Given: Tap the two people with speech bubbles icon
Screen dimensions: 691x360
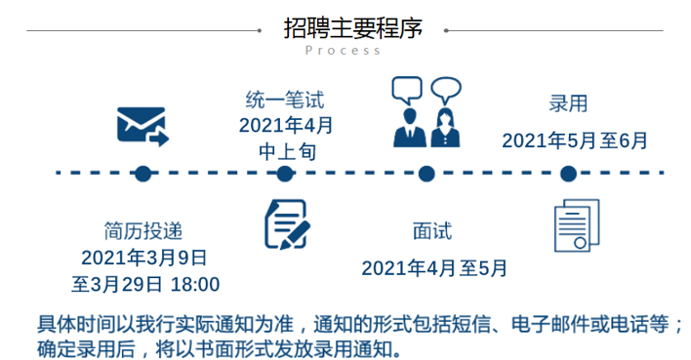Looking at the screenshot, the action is click(x=427, y=112).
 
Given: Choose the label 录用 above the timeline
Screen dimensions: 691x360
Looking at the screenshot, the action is click(x=569, y=104).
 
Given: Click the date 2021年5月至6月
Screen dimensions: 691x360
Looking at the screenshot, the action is click(x=575, y=140).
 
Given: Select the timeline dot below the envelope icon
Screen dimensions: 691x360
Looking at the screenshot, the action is click(x=142, y=175).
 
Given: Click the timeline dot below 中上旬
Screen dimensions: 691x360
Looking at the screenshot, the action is click(x=285, y=175).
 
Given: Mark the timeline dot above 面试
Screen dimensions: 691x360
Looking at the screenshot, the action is click(x=427, y=175).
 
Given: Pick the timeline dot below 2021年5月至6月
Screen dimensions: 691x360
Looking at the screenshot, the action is click(x=569, y=175).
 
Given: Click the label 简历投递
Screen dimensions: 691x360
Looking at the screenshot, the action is click(x=143, y=232).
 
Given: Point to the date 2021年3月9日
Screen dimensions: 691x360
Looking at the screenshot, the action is click(x=143, y=258).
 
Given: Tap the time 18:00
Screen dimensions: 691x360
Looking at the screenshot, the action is click(x=195, y=284).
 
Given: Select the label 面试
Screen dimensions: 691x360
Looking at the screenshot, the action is click(x=432, y=232).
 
